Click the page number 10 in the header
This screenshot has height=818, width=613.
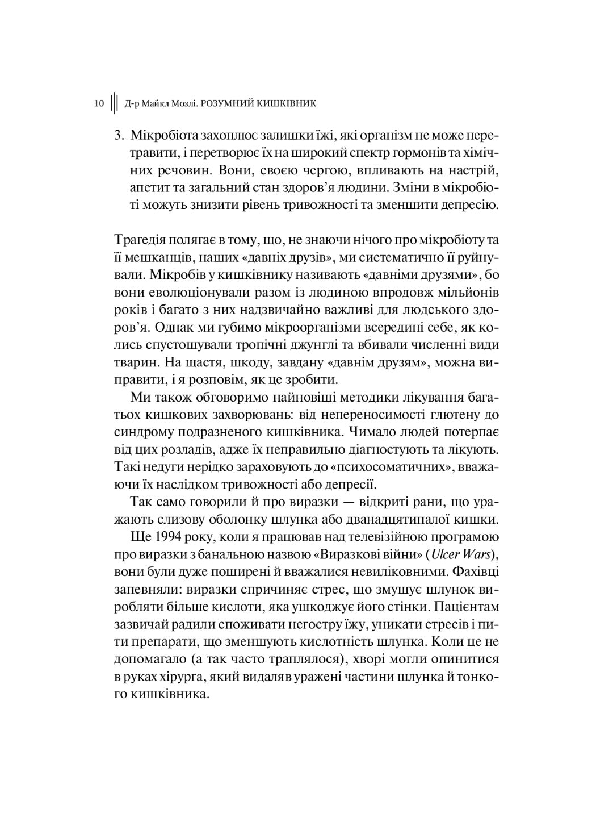coord(99,103)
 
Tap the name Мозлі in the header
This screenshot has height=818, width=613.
coord(182,103)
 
